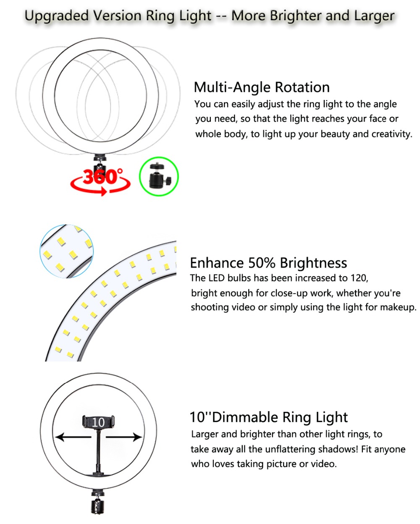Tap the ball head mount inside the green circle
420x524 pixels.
(x=160, y=176)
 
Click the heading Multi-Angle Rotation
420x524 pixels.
(x=261, y=87)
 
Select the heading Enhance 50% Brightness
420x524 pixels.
(x=268, y=263)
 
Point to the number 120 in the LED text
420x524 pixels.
(x=359, y=278)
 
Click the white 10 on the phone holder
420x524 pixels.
(x=98, y=422)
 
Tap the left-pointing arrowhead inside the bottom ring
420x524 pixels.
(x=60, y=437)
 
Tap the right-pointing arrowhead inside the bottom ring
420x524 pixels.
(x=137, y=437)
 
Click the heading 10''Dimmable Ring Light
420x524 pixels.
(x=268, y=417)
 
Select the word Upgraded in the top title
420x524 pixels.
(x=57, y=16)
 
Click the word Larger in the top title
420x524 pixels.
(x=374, y=16)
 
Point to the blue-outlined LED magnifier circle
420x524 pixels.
(x=66, y=251)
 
